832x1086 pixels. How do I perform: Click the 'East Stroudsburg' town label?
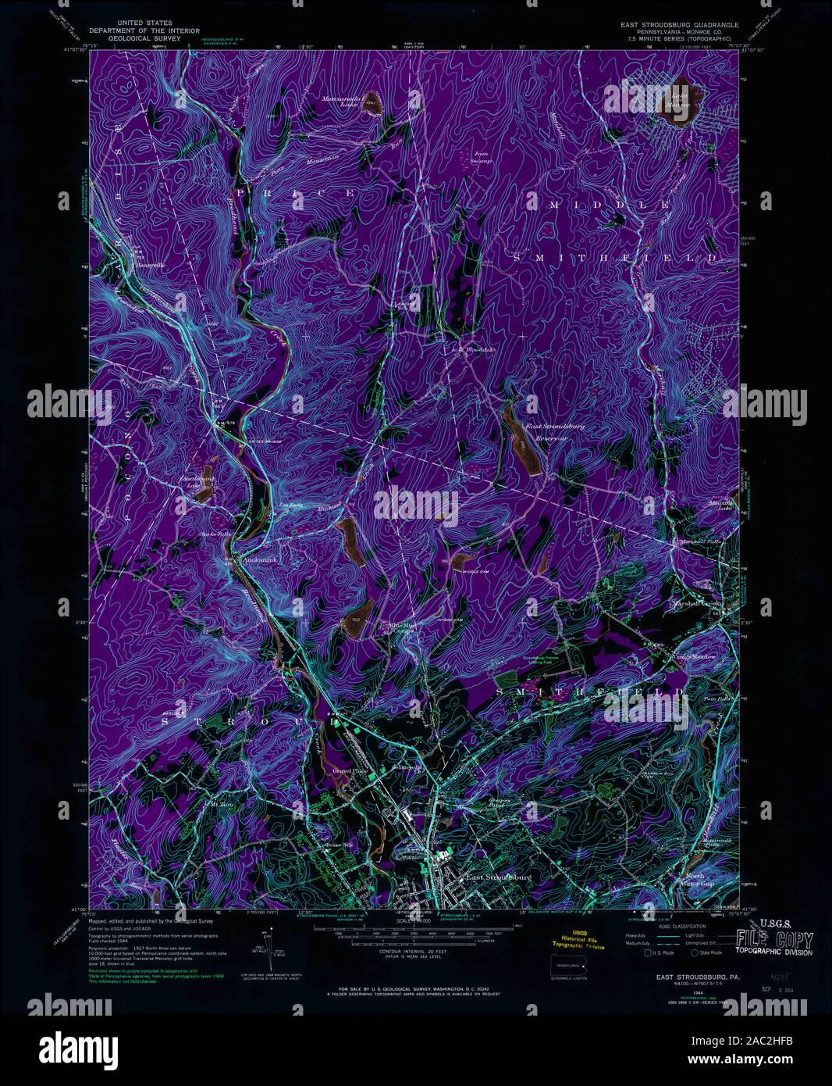pos(499,877)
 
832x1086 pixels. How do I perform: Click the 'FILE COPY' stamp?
pos(769,941)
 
